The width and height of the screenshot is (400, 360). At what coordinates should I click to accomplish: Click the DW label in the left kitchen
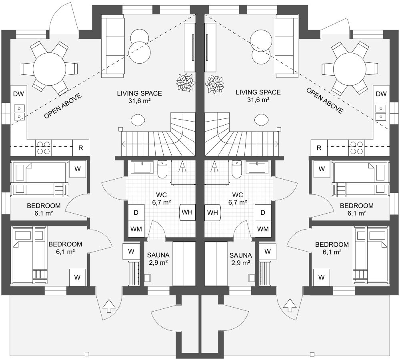tap(18, 94)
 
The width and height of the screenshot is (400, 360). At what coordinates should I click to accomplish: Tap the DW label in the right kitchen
tap(382, 94)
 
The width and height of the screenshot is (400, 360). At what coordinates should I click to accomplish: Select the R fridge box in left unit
tap(81, 148)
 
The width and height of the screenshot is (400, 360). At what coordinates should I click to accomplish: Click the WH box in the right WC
tap(213, 212)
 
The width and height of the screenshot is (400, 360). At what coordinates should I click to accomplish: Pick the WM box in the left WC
tap(136, 229)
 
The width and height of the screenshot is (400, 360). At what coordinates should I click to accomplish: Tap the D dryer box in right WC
tap(263, 212)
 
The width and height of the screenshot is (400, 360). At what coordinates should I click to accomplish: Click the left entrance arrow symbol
tap(109, 306)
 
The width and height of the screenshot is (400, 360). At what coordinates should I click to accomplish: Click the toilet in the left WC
tap(162, 170)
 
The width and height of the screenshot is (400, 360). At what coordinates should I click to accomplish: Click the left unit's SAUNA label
tap(158, 255)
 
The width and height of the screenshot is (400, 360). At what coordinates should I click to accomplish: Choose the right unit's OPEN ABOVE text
tap(324, 101)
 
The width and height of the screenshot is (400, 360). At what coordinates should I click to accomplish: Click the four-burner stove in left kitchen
tap(43, 148)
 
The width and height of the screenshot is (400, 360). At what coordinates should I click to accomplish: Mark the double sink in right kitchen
tap(381, 112)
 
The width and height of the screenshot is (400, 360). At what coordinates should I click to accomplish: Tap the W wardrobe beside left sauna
tap(131, 251)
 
